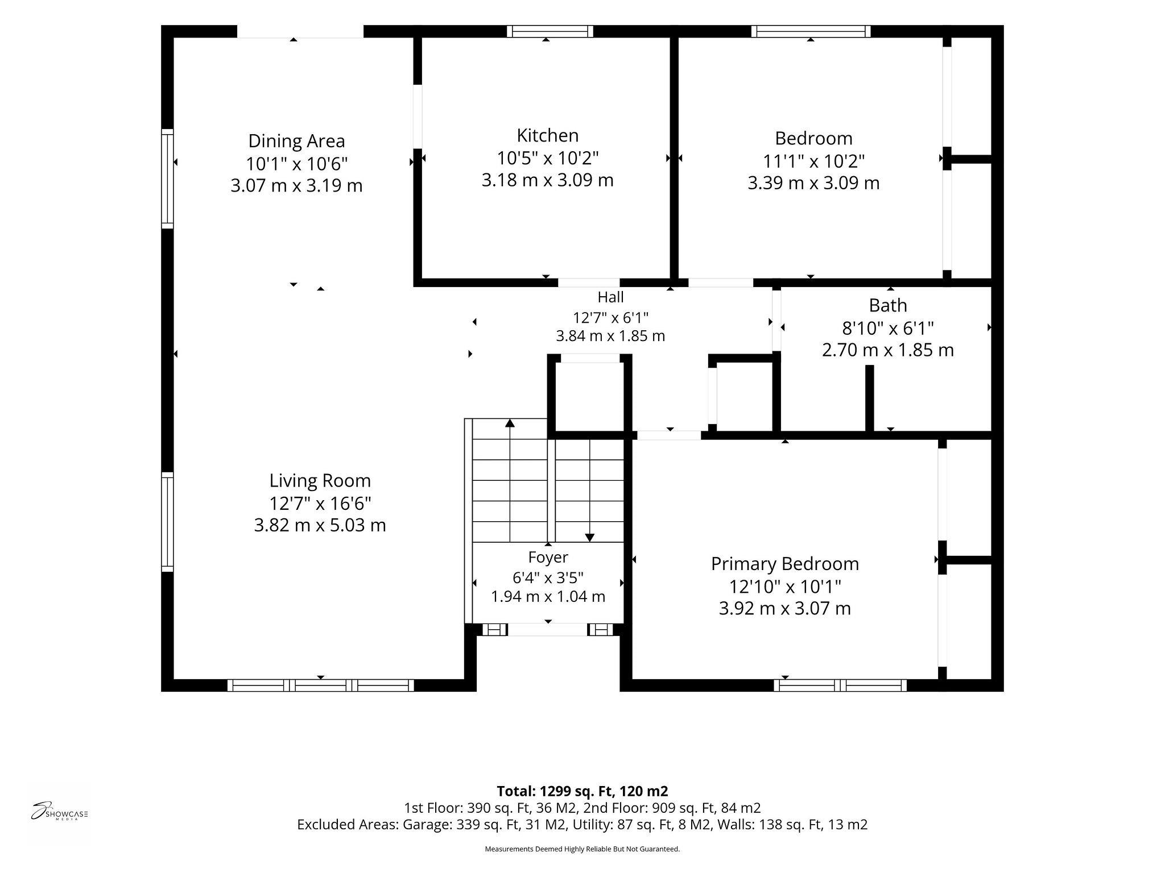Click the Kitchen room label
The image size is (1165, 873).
click(x=547, y=135)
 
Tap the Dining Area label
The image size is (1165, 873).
click(x=296, y=141)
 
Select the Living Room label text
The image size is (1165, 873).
click(x=320, y=481)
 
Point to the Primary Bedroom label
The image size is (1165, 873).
click(x=785, y=564)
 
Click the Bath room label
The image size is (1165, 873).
click(x=887, y=306)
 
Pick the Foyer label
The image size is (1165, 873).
click(x=548, y=558)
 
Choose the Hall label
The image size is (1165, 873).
click(x=610, y=297)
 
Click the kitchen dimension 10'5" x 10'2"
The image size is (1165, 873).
click(x=548, y=157)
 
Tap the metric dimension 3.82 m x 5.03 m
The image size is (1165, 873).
click(x=320, y=525)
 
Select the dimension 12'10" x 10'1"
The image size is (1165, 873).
click(x=785, y=586)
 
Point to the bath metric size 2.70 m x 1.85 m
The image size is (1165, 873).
click(x=887, y=350)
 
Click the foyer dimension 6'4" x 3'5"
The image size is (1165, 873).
click(x=548, y=577)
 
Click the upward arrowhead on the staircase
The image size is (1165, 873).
click(x=510, y=423)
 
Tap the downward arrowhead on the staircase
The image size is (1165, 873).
click(x=590, y=538)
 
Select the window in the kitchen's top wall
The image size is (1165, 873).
click(x=550, y=31)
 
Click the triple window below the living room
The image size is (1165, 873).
click(x=321, y=685)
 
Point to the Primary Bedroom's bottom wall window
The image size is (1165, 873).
click(x=840, y=685)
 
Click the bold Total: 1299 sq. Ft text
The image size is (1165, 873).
click(x=582, y=791)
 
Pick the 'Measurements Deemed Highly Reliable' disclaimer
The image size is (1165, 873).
click(x=582, y=849)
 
